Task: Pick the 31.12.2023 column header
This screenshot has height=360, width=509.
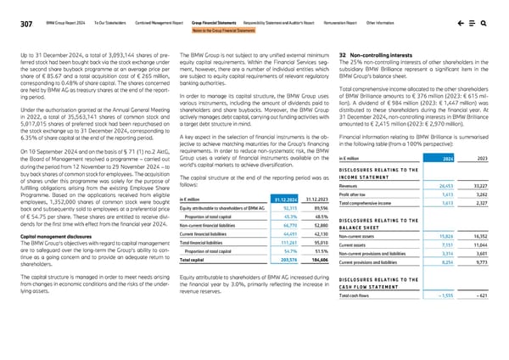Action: [313, 199]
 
